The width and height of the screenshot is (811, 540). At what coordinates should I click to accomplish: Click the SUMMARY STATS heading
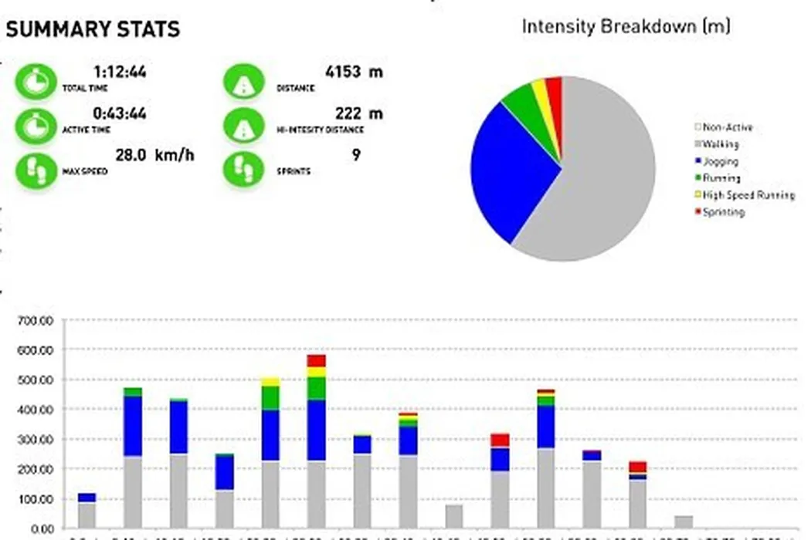[x=93, y=29]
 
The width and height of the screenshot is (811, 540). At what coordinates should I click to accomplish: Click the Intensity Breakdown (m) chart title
[x=626, y=26]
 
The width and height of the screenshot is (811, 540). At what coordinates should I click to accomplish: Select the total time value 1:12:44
[x=120, y=73]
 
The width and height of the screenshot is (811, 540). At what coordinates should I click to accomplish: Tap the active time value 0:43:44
[x=120, y=113]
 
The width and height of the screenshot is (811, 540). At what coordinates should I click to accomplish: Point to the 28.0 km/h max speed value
[x=154, y=155]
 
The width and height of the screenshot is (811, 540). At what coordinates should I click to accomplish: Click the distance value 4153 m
[x=354, y=73]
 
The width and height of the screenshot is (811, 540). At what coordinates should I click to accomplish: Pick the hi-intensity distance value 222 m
[x=358, y=113]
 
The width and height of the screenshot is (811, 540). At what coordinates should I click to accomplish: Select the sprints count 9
[x=356, y=155]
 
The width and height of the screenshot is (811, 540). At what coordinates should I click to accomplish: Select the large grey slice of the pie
[x=602, y=177]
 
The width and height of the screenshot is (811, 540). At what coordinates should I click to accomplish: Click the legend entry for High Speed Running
[x=748, y=195]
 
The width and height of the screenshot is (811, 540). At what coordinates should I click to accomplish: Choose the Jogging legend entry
[x=720, y=161]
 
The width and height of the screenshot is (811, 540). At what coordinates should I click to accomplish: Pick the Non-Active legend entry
[x=727, y=127]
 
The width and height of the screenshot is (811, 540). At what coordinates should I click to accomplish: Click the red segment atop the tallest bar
[x=316, y=360]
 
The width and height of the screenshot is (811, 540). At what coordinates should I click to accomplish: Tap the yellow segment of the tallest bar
[x=316, y=372]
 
